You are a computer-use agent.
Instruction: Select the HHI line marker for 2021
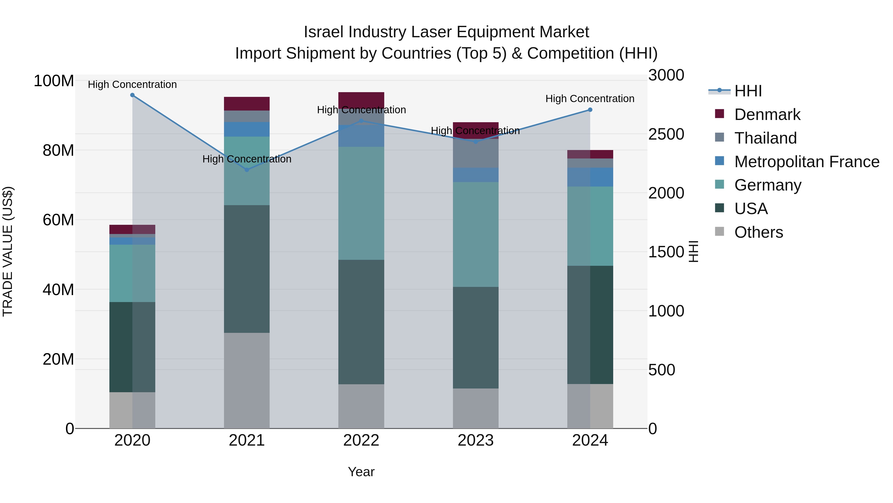click(x=247, y=170)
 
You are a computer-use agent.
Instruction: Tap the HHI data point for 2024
click(x=590, y=110)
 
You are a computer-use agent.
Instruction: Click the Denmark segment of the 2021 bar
click(x=247, y=103)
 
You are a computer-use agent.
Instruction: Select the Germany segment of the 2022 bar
click(x=361, y=203)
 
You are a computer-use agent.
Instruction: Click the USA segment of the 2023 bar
click(x=476, y=337)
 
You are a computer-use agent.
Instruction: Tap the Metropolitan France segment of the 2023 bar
click(x=476, y=175)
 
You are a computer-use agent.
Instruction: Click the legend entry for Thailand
click(x=765, y=138)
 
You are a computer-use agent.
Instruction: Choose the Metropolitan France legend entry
click(x=807, y=162)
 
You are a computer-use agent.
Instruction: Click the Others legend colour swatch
click(x=719, y=231)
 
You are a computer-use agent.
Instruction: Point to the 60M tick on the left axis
click(x=58, y=220)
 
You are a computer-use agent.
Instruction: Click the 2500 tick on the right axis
click(x=666, y=134)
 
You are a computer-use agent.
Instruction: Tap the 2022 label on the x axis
click(x=361, y=440)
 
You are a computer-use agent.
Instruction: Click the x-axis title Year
click(x=361, y=472)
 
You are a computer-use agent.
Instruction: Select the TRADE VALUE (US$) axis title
click(x=8, y=251)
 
